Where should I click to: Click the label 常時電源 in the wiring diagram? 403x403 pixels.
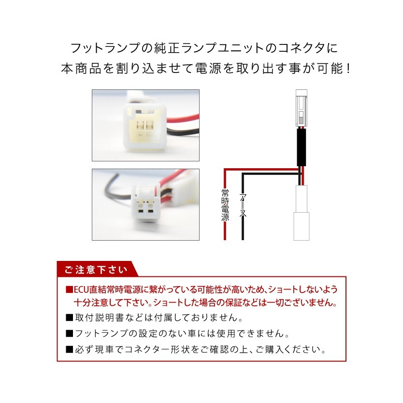click(x=225, y=205)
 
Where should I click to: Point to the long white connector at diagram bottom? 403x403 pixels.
click(x=301, y=213)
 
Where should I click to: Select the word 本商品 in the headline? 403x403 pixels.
click(x=79, y=69)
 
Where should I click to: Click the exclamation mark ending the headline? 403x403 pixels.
click(x=346, y=69)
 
